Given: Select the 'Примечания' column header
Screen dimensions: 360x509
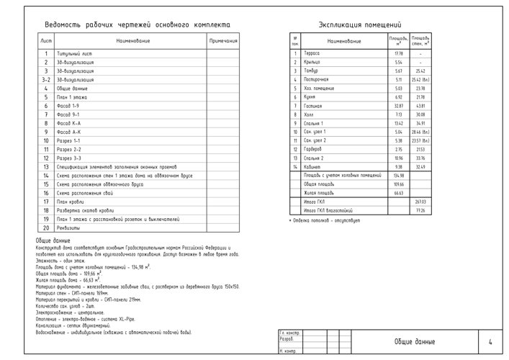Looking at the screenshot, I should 222,41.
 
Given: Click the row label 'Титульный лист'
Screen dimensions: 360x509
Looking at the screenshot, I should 77,54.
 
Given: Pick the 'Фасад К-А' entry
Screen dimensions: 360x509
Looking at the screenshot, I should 69,123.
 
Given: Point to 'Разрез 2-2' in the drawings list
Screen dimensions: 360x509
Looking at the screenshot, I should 70,149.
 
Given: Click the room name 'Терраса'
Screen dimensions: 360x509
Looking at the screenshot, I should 312,54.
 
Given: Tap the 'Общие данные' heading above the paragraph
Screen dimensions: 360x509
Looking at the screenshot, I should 52,240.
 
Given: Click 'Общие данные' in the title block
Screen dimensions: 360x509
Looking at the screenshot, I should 414,341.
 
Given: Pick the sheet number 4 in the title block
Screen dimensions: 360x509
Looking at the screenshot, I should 490,341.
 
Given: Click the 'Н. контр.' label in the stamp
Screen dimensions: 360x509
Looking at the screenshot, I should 287,351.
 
